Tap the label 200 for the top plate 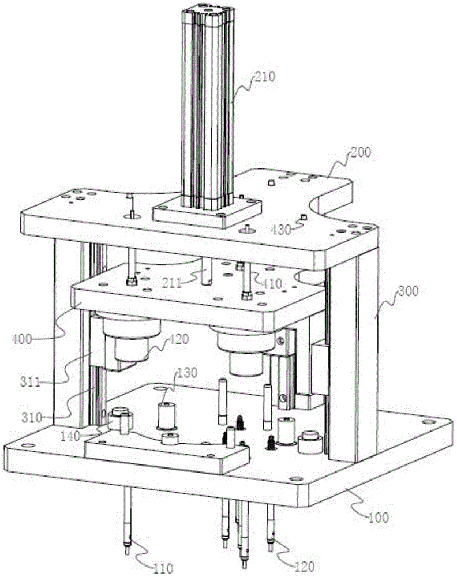[361, 152]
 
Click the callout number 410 [272, 283]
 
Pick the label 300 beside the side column [408, 291]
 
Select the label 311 [30, 382]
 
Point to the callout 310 [31, 418]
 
